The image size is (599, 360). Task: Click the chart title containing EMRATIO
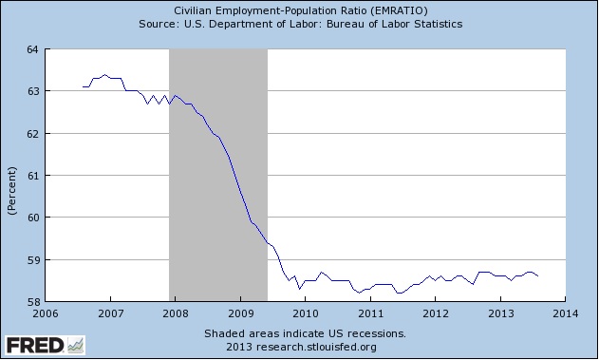[298, 10]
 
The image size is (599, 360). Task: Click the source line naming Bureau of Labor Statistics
[298, 24]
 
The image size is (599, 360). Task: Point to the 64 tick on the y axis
[31, 48]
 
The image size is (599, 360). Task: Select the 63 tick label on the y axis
[31, 91]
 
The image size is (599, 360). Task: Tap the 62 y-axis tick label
[31, 133]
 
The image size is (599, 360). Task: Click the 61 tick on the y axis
[31, 176]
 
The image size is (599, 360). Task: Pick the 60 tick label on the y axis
[31, 218]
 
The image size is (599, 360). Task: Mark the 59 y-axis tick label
[31, 260]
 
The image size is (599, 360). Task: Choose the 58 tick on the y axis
[31, 302]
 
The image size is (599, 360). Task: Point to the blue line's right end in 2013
[538, 275]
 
